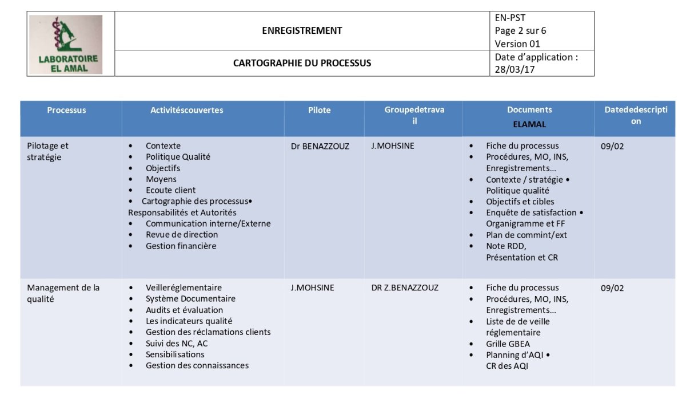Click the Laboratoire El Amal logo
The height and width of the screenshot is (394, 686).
[x=66, y=44]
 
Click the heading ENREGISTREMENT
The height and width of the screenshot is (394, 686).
[x=302, y=31]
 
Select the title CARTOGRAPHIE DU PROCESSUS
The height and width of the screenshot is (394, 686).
[x=302, y=63]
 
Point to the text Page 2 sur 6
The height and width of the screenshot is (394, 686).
[x=520, y=31]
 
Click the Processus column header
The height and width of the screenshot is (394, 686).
[x=66, y=110]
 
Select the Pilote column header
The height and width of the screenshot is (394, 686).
[x=319, y=110]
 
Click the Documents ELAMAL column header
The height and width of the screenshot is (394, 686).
[x=529, y=116]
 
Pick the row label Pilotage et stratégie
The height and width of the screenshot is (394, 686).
[x=48, y=151]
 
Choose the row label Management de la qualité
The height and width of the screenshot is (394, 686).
[x=63, y=293]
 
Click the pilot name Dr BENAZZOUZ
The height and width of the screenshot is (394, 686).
[x=320, y=146]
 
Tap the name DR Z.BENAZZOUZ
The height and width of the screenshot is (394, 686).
[x=405, y=287]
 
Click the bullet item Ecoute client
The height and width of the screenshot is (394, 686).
[x=170, y=190]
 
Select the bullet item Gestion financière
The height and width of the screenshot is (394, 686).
[x=181, y=246]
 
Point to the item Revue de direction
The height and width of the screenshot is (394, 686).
[x=182, y=235]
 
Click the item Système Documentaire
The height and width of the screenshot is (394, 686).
[x=190, y=298]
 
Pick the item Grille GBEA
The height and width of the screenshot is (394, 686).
[x=508, y=344]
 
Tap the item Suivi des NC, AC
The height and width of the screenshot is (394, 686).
[x=177, y=343]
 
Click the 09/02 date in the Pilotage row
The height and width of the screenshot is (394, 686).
[x=612, y=146]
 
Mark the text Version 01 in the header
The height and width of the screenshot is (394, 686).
[x=517, y=44]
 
